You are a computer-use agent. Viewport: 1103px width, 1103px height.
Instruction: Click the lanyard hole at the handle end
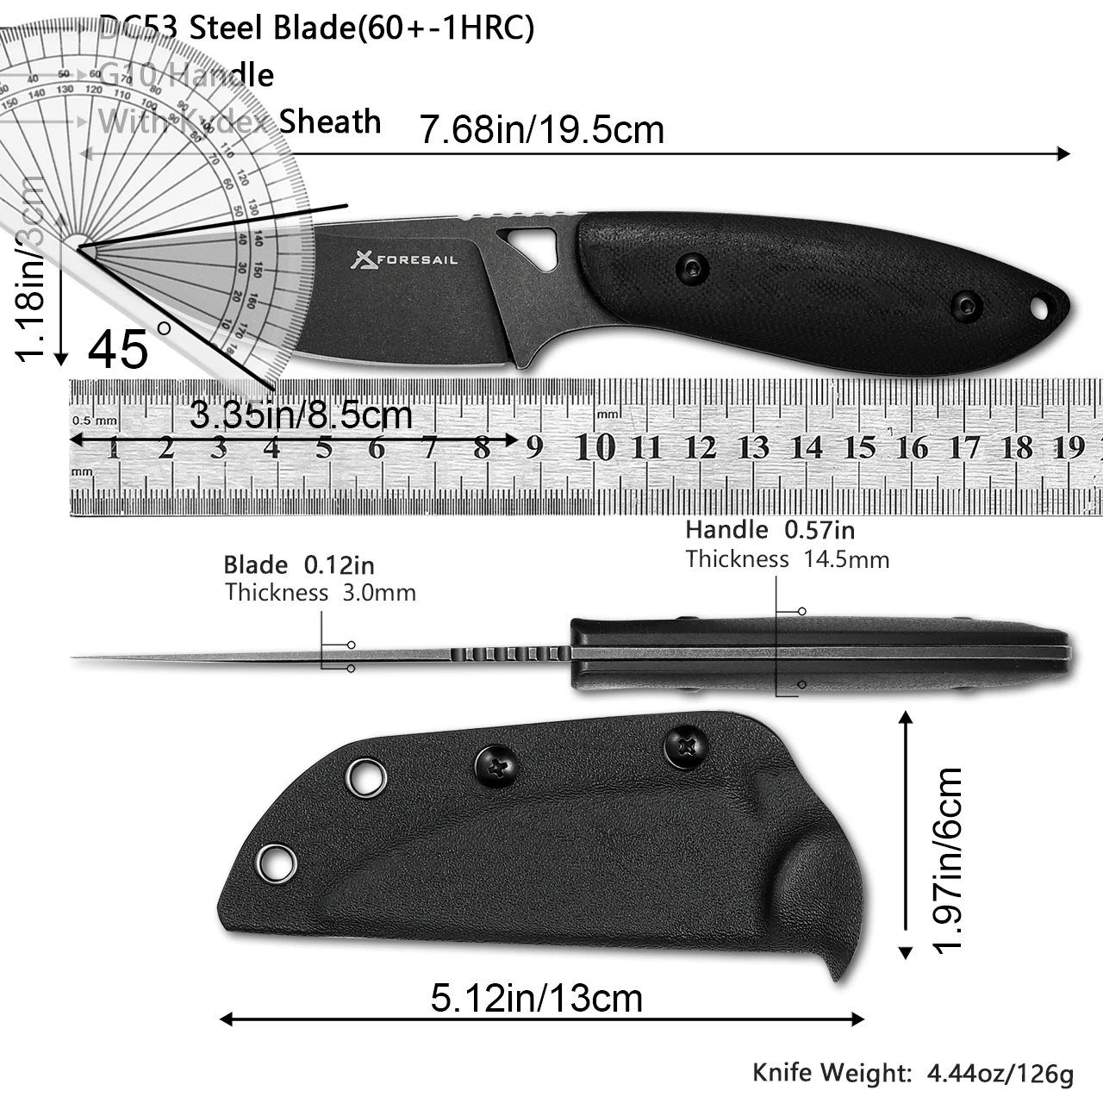click(1040, 306)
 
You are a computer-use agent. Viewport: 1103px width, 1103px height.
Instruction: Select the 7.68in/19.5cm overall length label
click(542, 130)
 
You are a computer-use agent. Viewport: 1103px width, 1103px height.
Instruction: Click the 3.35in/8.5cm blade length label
click(301, 416)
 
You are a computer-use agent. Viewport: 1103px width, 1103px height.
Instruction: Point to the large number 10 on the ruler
click(595, 447)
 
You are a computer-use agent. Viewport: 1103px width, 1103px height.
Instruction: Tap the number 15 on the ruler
click(858, 447)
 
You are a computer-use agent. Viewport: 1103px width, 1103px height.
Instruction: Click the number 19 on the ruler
click(1069, 447)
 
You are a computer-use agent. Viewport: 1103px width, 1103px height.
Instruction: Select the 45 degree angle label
click(119, 349)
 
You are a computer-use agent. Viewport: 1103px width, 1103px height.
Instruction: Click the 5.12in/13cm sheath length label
click(537, 999)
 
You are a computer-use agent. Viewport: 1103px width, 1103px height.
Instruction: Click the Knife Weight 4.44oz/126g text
click(913, 1073)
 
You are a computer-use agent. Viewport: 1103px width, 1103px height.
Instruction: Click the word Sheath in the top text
click(330, 122)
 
